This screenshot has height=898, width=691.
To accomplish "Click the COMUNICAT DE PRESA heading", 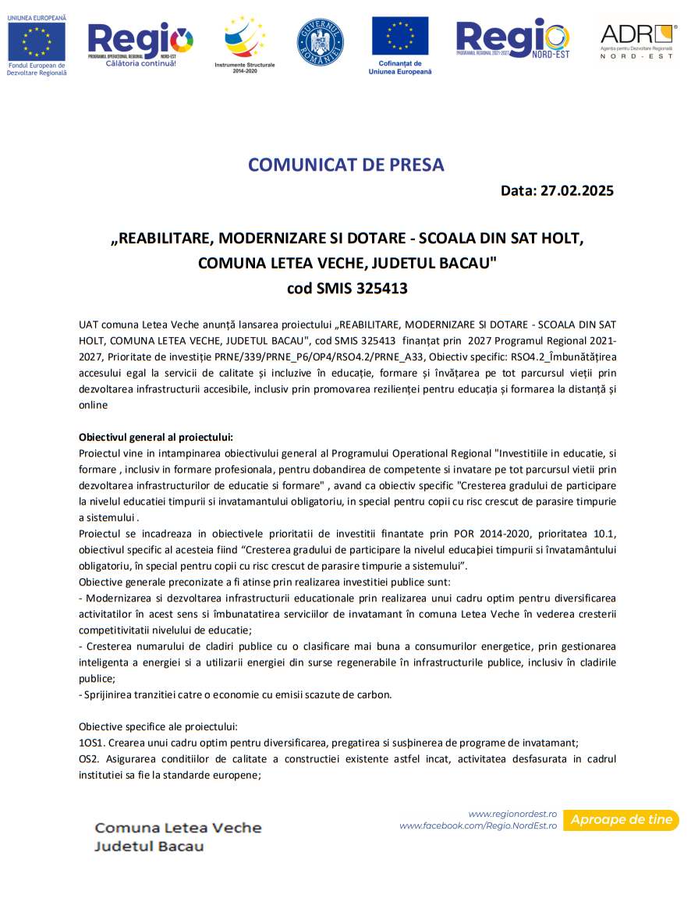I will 345,165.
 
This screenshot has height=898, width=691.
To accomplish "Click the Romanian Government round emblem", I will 320,42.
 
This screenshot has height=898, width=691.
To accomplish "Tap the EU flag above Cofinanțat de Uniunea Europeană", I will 399,36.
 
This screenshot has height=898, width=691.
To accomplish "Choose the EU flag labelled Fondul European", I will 37,41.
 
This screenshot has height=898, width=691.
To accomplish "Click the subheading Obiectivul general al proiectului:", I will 156,437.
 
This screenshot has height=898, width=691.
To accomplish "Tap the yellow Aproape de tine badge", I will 621,820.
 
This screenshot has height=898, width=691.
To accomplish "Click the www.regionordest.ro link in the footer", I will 512,813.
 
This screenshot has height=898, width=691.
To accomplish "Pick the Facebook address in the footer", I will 478,825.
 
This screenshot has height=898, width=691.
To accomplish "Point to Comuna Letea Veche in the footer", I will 178,828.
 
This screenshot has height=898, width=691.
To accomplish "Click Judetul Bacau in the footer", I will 149,847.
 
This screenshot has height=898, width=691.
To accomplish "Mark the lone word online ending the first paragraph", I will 93,406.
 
